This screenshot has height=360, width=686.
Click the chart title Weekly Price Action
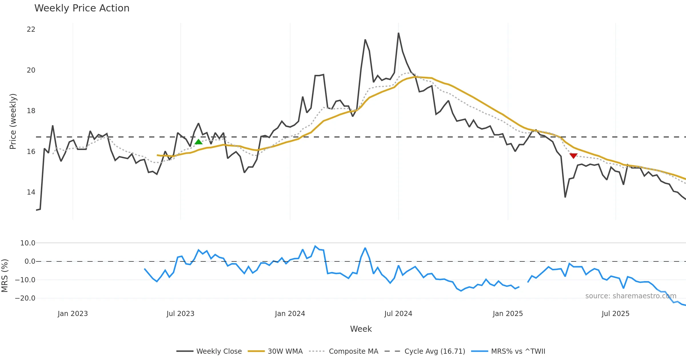click(82, 8)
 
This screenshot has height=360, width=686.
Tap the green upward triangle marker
click(198, 142)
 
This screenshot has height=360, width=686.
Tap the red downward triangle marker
click(573, 156)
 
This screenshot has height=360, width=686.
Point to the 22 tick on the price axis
click(31, 29)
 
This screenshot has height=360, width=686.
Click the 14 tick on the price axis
click(31, 192)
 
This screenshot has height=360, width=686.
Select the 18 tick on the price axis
click(31, 111)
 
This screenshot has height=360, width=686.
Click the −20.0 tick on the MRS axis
click(25, 298)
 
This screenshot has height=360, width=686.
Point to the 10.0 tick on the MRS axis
click(28, 243)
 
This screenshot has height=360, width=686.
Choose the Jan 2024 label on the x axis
click(290, 314)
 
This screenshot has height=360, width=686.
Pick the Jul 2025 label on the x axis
click(615, 314)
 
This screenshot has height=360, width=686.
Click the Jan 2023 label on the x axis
click(73, 314)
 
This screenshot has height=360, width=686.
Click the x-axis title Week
click(361, 329)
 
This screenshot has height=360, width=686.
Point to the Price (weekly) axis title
click(13, 121)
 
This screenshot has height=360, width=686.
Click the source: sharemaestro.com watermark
click(631, 296)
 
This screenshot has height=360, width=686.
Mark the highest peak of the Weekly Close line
click(398, 33)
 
